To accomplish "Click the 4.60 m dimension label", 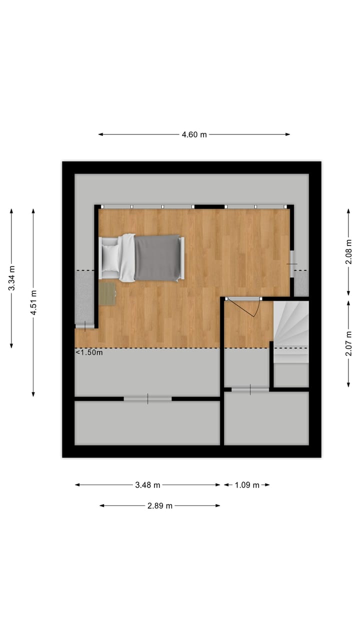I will [x=194, y=134].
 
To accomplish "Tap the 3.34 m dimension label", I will [x=11, y=278].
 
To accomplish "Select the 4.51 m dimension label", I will [x=33, y=302].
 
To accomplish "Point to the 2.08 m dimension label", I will [x=348, y=252].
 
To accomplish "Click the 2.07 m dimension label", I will [x=348, y=343].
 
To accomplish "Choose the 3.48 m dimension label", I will [x=147, y=484].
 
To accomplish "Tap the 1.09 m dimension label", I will [x=247, y=484].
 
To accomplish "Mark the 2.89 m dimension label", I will [x=160, y=505].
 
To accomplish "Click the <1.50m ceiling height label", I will [x=89, y=352].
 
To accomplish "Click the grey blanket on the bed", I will [x=157, y=258].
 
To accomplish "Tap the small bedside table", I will [x=107, y=294].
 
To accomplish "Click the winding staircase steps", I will [x=291, y=325].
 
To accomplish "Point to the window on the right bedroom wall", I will [x=292, y=263].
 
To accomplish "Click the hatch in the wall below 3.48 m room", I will [x=147, y=398].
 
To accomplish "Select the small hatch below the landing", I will [x=250, y=389].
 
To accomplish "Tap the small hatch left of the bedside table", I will [x=85, y=326].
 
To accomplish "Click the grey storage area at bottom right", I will [x=265, y=418].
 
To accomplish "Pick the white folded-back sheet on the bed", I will [x=127, y=258].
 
